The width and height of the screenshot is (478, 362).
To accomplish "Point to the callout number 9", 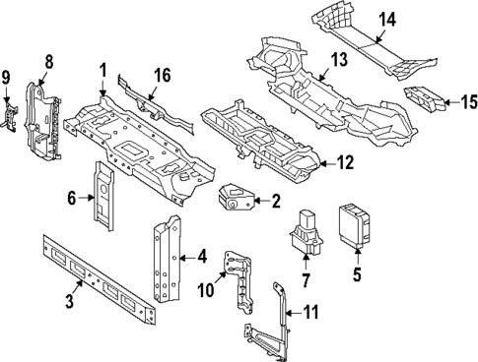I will click(x=7, y=77).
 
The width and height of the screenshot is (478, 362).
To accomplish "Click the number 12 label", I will click(x=344, y=164).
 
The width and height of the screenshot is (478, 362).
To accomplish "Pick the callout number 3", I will click(x=69, y=301).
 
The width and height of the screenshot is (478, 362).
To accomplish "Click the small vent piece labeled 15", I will click(x=426, y=98).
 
